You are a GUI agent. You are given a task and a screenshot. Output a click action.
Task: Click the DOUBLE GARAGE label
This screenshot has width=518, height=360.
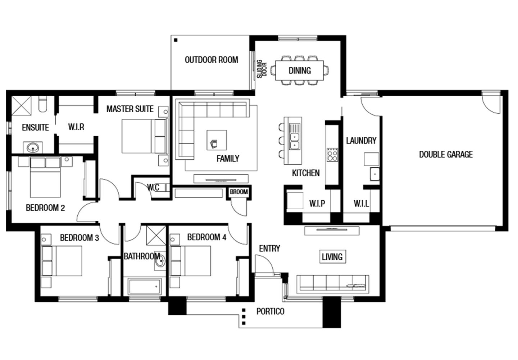(446, 154)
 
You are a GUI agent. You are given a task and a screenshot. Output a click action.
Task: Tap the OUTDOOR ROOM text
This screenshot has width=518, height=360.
(212, 60)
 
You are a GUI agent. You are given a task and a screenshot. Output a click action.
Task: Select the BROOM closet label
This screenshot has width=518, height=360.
(238, 192)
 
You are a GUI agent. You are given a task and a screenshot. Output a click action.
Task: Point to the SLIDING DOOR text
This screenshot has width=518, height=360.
(262, 69)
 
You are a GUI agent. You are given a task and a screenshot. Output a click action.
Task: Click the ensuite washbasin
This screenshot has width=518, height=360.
(33, 147)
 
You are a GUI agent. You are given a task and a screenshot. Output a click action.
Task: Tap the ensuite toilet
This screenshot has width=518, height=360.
(42, 104)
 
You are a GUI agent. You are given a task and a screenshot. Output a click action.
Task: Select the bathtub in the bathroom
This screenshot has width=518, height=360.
(145, 287)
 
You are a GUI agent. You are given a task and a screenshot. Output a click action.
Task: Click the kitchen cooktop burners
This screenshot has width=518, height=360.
(332, 155)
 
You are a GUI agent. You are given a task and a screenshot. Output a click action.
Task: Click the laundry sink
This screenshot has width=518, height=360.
(374, 174)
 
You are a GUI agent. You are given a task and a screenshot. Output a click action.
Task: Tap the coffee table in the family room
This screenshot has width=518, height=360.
(217, 140)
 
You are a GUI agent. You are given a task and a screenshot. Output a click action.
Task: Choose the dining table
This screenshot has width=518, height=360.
(299, 70)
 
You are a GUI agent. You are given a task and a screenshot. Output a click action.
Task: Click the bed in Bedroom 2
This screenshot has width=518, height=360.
(45, 177)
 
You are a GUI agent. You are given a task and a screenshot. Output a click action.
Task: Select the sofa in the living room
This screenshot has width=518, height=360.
(333, 284)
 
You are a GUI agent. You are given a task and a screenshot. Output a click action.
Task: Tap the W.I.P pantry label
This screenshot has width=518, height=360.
(317, 204)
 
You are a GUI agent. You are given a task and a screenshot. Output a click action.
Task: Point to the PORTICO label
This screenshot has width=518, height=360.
(271, 311)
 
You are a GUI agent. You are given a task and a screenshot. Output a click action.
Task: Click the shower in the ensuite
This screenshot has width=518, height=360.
(21, 105)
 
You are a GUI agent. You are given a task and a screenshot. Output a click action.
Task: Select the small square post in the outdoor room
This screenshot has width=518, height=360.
(176, 40)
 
